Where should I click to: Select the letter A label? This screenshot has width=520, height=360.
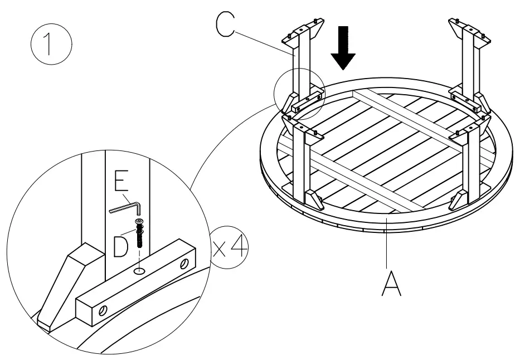coord(391,283)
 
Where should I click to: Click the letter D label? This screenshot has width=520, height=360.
coord(121,246)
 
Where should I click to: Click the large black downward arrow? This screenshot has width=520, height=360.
coord(342,48)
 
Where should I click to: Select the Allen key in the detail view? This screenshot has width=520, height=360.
coord(128,207)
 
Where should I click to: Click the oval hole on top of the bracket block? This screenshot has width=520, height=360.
coord(139,270)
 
